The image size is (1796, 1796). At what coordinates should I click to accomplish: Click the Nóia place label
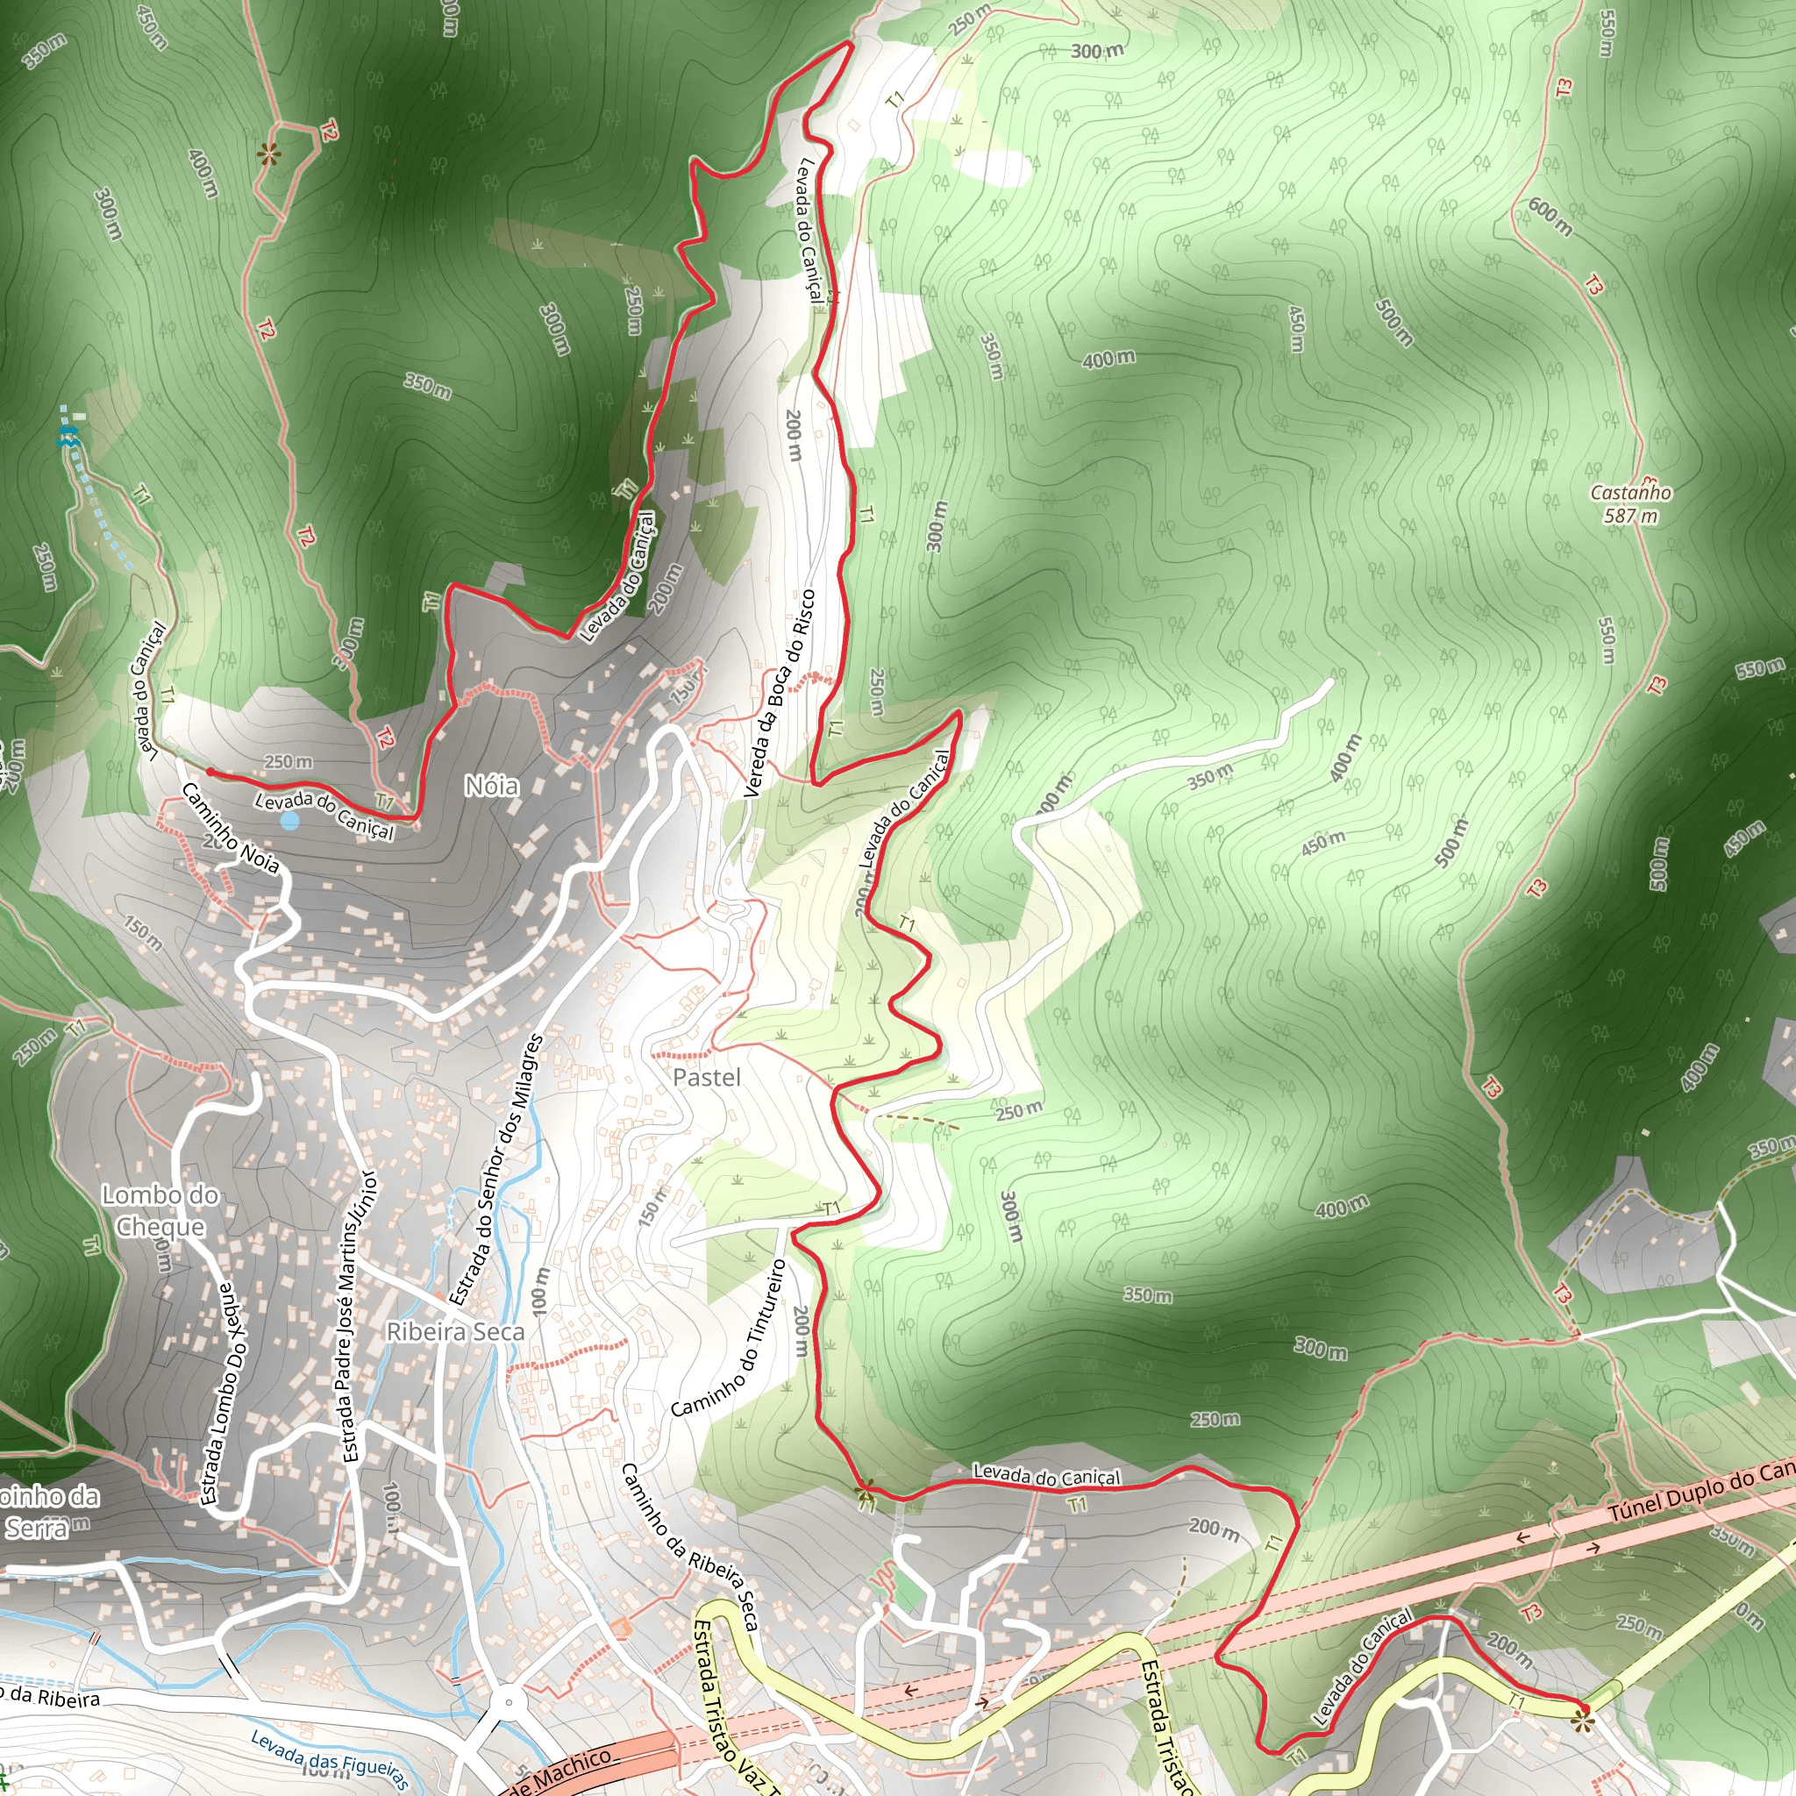tap(492, 787)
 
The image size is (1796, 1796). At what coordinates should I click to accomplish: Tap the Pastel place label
tap(707, 1078)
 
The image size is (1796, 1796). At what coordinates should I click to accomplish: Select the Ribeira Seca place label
tap(454, 1332)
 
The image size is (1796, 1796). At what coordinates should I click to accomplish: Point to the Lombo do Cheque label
tap(160, 1210)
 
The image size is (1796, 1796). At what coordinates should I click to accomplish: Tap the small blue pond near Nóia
tap(290, 821)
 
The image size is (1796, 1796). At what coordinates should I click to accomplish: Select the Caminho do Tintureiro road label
tap(729, 1338)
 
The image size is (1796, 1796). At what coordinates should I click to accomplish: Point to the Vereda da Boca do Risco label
tap(779, 694)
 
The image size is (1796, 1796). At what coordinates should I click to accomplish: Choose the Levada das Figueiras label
tap(329, 1759)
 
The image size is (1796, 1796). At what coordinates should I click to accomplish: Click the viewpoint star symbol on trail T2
tap(268, 154)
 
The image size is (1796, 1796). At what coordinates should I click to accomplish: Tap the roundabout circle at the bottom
tap(508, 1703)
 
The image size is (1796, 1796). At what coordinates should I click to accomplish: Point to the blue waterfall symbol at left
tap(67, 436)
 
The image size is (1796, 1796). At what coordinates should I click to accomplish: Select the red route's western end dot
tap(210, 772)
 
